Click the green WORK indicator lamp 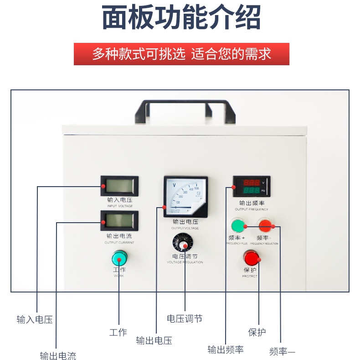tap(119, 259)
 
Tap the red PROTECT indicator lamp tap(251, 258)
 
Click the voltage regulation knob tap(183, 243)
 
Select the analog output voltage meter tap(185, 197)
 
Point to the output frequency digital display tap(251, 186)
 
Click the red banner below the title tap(181, 54)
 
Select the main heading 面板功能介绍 tap(181, 18)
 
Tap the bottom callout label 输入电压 tap(35, 320)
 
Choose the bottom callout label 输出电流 tap(58, 356)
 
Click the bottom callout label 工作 tap(118, 332)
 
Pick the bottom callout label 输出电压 tap(154, 340)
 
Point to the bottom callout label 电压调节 tap(185, 318)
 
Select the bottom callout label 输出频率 tap(226, 350)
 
